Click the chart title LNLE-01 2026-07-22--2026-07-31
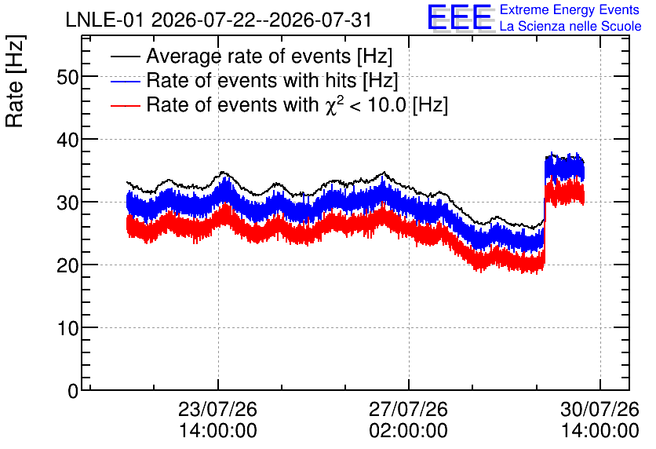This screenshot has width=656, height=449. coord(218,20)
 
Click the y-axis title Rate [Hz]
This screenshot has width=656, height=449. coord(15,81)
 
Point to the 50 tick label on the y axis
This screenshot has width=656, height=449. coord(67,77)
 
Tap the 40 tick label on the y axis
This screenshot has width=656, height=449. coord(67,140)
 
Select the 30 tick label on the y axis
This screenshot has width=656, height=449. coord(67,203)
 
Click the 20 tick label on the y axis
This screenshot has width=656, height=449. coord(67,265)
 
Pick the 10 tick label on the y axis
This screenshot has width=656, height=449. coord(67,328)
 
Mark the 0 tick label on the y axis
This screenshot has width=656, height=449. coord(74,391)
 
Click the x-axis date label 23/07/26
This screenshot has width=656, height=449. coord(217,409)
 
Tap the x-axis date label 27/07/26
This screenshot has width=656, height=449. coord(408,409)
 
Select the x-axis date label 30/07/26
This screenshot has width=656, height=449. coord(600,409)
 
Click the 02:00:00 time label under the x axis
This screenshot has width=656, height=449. coord(408,431)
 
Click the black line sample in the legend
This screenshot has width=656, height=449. coord(125,57)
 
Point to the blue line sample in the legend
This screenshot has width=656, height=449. coord(125,81)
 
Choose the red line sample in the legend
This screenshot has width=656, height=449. coord(125,105)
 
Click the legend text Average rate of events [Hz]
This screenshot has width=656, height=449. coord(269,56)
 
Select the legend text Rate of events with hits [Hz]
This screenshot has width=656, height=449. coord(272,80)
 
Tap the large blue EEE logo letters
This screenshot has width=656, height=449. coord(459,17)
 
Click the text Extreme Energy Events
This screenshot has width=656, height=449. coord(570,9)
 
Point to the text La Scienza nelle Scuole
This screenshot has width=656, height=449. coord(570,27)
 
